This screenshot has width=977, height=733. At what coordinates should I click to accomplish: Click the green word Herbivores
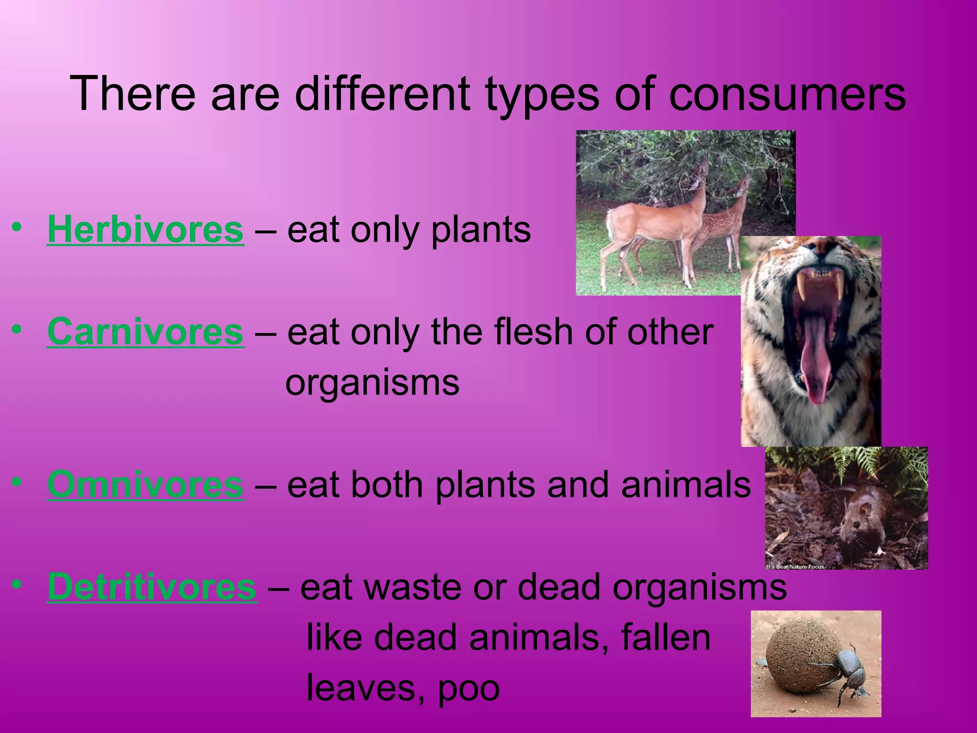click(146, 230)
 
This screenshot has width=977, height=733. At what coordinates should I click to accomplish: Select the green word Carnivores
click(146, 332)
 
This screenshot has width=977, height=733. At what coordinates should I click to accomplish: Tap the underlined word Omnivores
click(146, 485)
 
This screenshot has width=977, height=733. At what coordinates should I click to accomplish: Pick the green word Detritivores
click(152, 587)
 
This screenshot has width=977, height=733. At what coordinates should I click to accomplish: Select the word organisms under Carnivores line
click(372, 383)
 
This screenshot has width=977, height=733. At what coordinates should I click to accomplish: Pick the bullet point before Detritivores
click(17, 584)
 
